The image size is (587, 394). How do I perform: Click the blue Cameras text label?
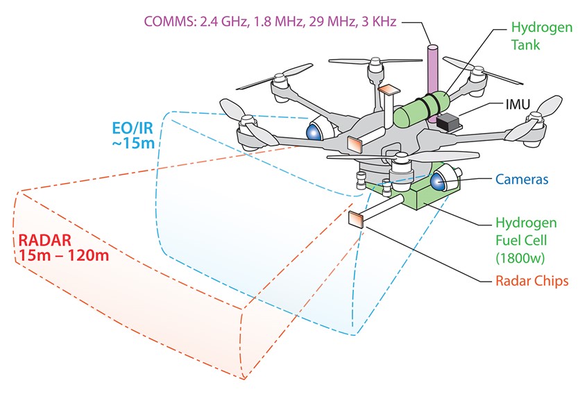pos(521,180)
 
